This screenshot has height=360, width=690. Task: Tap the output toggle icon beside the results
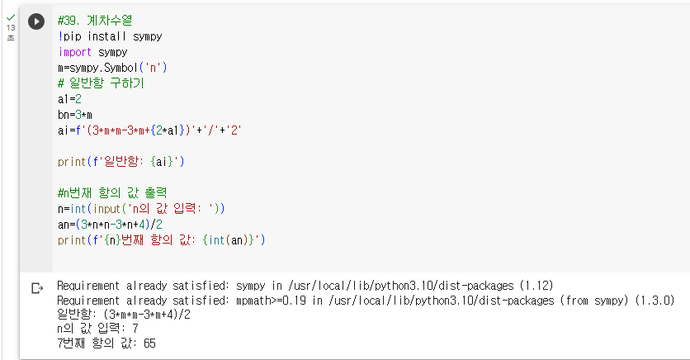pos(36,288)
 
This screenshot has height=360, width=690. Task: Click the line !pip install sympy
pos(110,36)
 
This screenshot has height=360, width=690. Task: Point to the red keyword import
pos(76,51)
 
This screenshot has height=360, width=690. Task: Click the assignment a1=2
pos(69,98)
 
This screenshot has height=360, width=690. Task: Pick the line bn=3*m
pos(74,113)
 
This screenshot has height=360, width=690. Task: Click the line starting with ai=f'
pos(150,129)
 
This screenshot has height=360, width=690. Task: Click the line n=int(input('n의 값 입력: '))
pos(142,208)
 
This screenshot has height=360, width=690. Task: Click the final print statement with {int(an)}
pos(162,239)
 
